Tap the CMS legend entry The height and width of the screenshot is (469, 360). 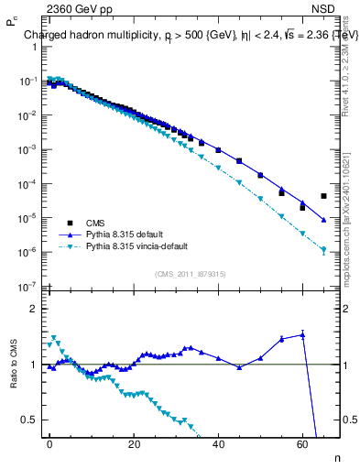[x=95, y=223]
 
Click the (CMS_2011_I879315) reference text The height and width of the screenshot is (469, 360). [x=189, y=273]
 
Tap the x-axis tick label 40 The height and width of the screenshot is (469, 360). [x=218, y=442]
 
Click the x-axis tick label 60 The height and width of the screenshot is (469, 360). [x=302, y=442]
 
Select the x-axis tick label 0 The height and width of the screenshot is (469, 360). [x=49, y=442]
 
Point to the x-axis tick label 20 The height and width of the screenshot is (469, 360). [x=134, y=442]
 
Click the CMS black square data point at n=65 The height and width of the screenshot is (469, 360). [x=323, y=196]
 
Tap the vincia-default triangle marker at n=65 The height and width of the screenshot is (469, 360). [x=323, y=249]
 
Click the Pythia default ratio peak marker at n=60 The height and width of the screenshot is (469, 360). [x=302, y=335]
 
